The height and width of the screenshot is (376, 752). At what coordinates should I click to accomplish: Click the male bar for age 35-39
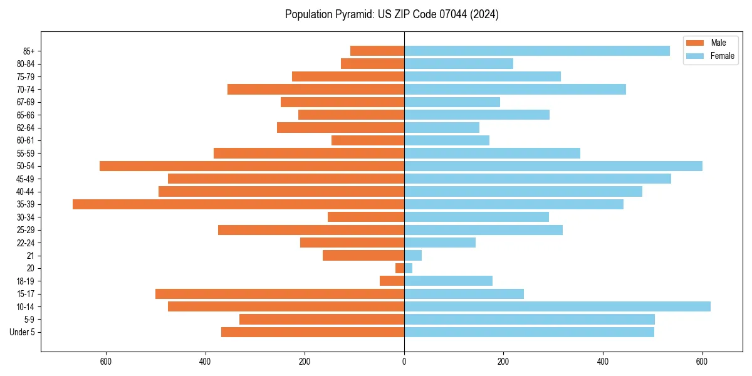(x=238, y=204)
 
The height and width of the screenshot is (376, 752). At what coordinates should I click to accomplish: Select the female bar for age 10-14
(x=557, y=306)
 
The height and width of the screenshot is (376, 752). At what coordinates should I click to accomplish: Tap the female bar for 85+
(x=537, y=51)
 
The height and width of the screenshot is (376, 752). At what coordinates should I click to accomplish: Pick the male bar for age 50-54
(x=252, y=166)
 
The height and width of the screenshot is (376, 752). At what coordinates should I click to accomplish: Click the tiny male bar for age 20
(x=400, y=268)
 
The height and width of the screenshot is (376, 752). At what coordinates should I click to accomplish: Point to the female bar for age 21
(x=413, y=255)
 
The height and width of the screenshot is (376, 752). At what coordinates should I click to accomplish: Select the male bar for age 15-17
(x=279, y=294)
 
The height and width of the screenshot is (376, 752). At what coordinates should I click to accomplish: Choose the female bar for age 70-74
(x=515, y=89)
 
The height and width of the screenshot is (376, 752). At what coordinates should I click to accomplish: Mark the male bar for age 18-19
(x=392, y=281)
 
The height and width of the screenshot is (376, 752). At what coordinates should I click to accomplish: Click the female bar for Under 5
(x=529, y=332)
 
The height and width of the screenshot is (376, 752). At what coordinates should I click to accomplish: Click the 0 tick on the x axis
(x=404, y=362)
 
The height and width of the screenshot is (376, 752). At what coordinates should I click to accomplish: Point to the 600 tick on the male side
(x=105, y=362)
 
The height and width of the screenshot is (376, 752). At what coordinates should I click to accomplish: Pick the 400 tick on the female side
(x=603, y=362)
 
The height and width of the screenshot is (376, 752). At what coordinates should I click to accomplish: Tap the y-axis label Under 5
(x=22, y=332)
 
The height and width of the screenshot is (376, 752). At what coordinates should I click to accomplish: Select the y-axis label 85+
(x=28, y=51)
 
